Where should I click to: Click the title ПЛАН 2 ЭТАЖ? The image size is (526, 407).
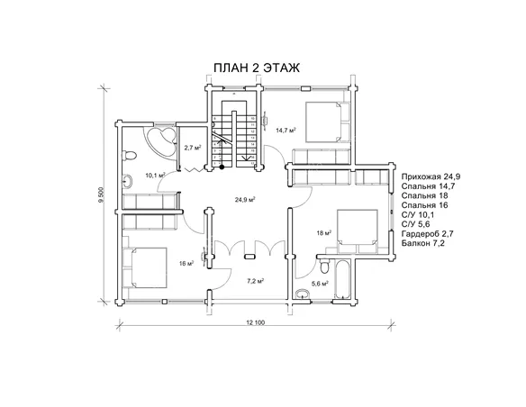[x=257, y=68]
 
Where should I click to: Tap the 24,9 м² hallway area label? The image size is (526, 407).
[x=245, y=200]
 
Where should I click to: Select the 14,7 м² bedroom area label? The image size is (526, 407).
[x=286, y=130]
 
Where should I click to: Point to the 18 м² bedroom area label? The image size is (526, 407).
[x=324, y=233]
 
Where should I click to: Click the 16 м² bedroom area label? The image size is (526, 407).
[x=186, y=264]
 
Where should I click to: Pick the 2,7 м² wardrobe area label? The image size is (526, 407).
[x=193, y=147]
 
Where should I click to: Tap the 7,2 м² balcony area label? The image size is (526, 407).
[x=255, y=281]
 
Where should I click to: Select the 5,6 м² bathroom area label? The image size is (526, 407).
[x=320, y=284]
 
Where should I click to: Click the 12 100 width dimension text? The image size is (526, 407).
[x=256, y=323]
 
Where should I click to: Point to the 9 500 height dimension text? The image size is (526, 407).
[x=101, y=194]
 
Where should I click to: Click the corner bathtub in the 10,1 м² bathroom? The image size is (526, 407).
[x=160, y=140]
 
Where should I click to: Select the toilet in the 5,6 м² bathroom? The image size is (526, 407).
[x=325, y=267]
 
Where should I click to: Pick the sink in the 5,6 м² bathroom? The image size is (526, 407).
[x=303, y=294]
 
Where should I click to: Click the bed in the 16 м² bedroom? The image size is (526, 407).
[x=145, y=267]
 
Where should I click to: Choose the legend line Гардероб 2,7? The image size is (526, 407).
[x=428, y=234]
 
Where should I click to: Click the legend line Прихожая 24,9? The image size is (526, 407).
[x=428, y=176]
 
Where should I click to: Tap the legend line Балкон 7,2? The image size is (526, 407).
[x=423, y=243]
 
